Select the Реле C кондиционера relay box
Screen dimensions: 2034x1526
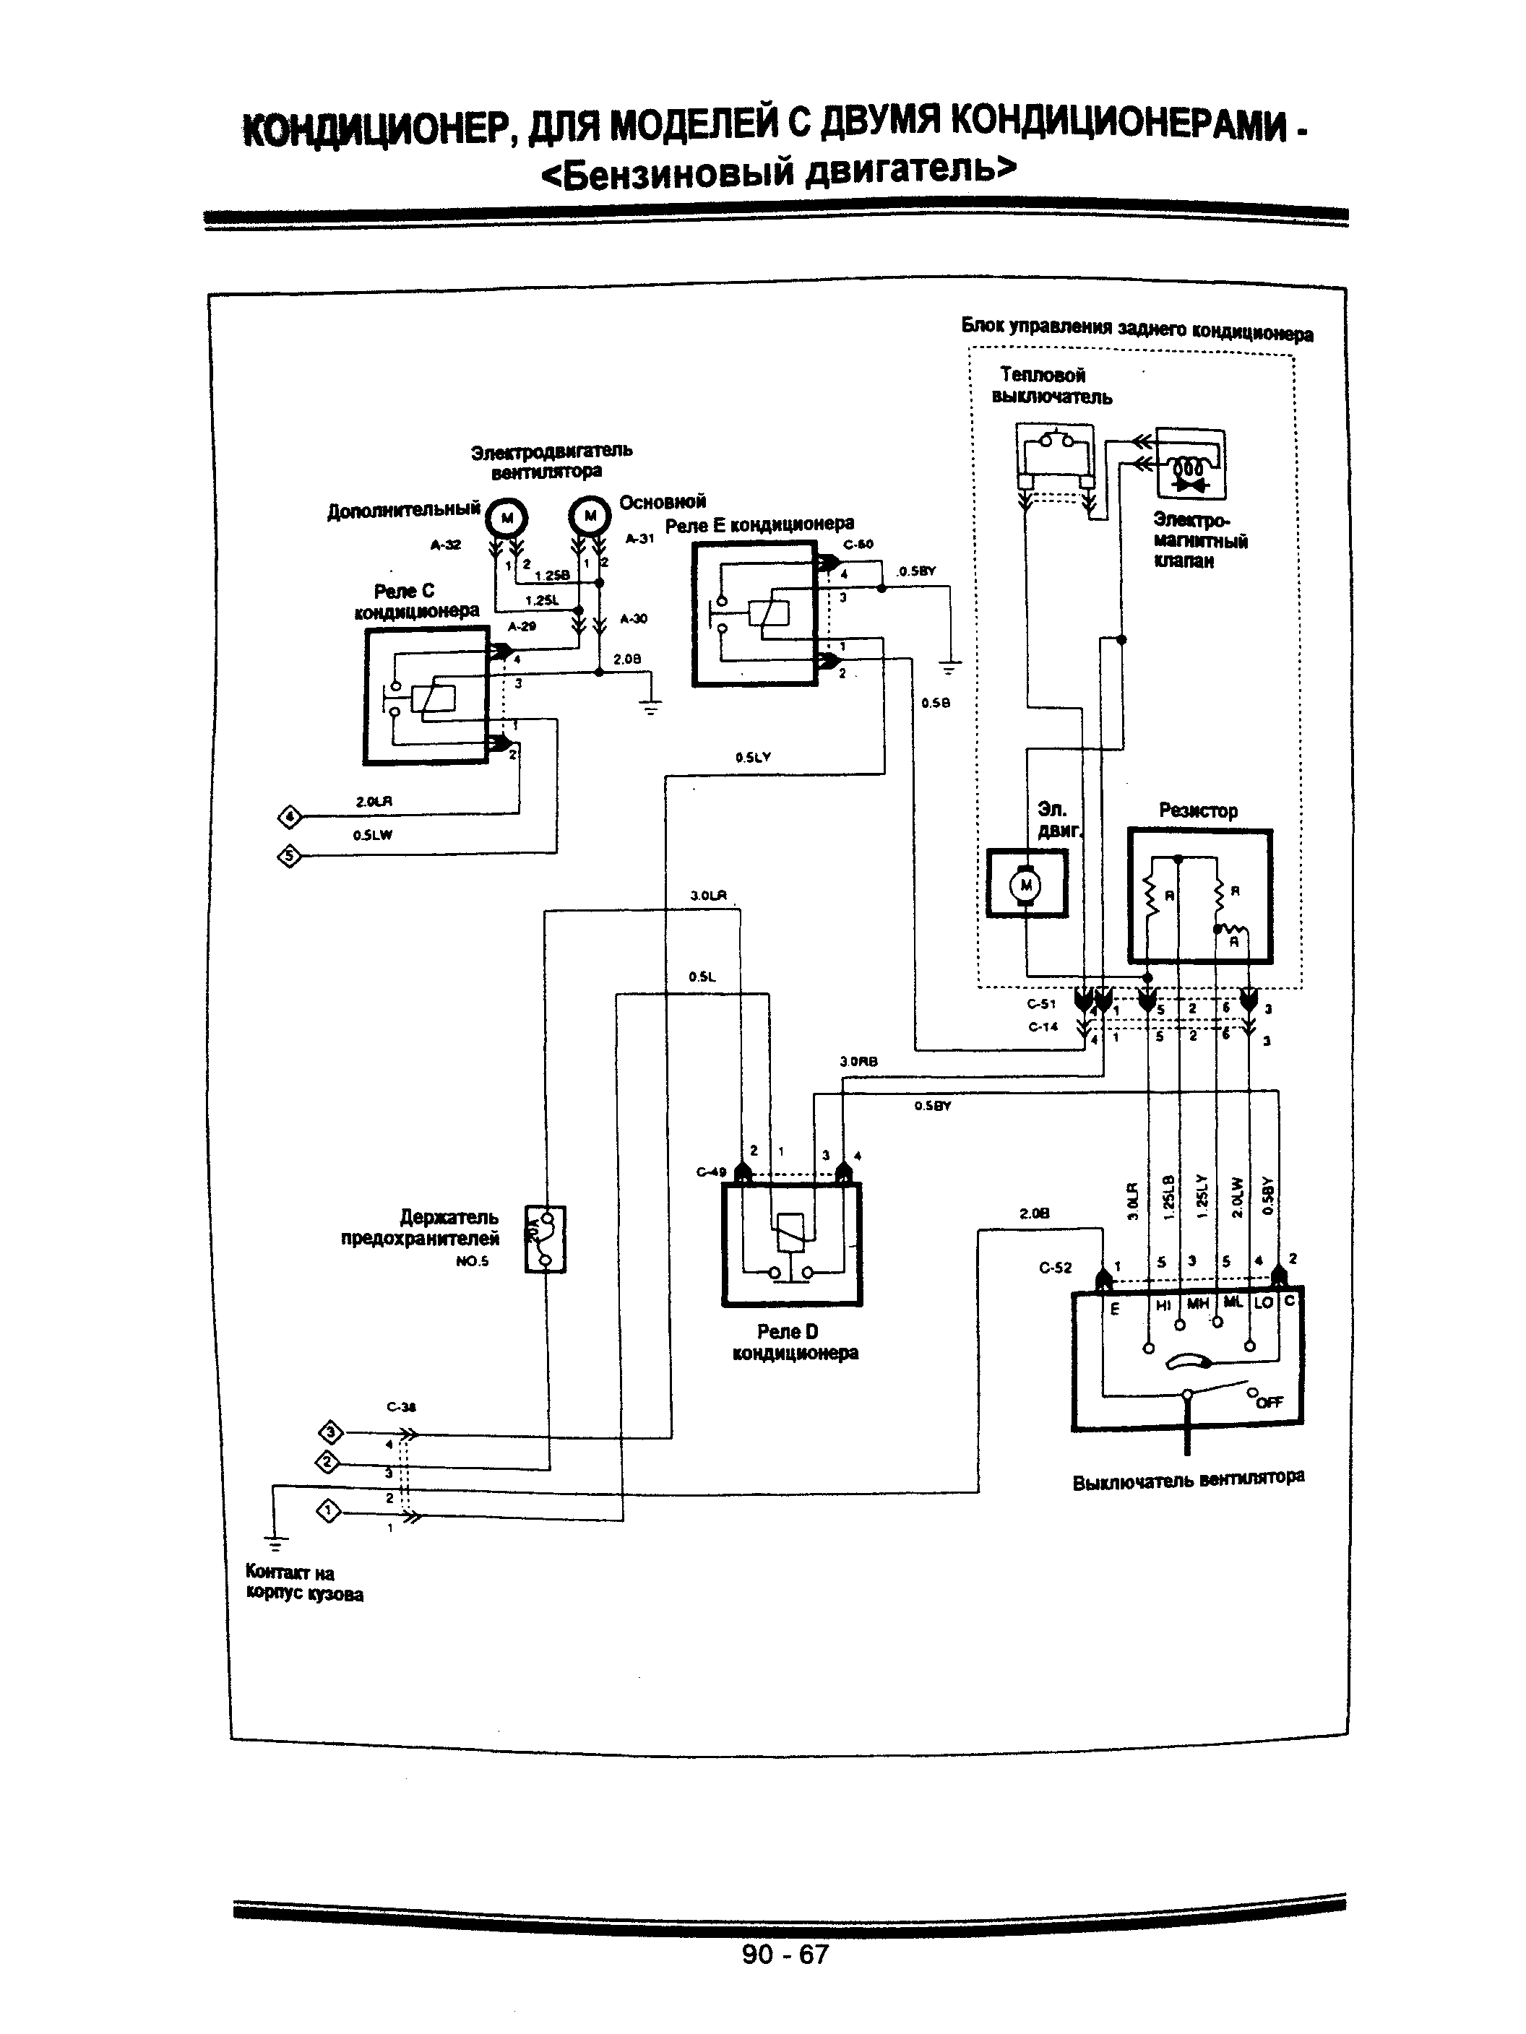425,696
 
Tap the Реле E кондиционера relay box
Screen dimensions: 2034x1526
754,613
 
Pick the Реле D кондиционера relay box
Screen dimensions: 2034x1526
792,1244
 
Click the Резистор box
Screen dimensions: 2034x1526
1199,896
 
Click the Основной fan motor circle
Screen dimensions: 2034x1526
590,516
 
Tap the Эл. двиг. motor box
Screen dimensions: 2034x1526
1027,883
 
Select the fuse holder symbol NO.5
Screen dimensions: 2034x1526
545,1239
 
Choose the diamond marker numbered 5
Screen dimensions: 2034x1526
289,856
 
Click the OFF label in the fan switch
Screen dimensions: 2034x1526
1269,1401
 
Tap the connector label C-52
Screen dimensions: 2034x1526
1055,1267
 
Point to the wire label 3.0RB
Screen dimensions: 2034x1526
858,1061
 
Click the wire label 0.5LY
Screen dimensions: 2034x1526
752,758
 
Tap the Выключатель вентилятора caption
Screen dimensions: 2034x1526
1188,1479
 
